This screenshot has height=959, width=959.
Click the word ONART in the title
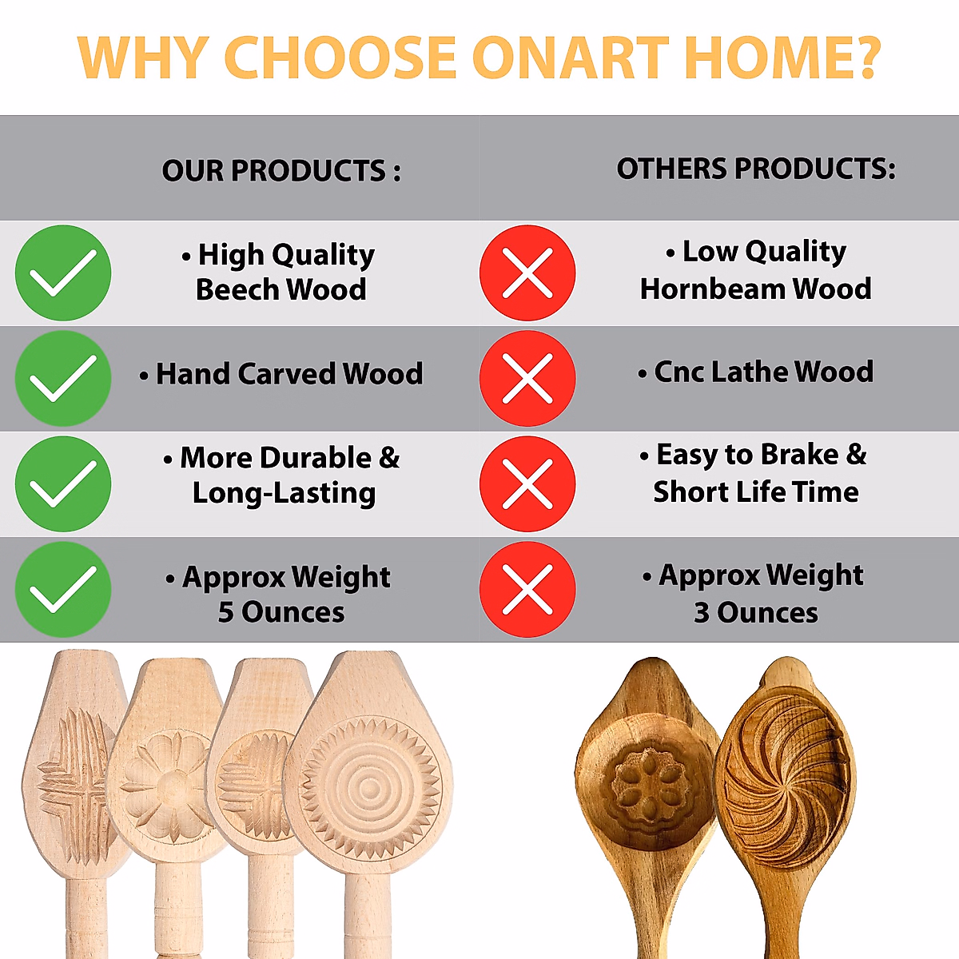(x=571, y=58)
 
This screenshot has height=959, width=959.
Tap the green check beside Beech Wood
(x=63, y=273)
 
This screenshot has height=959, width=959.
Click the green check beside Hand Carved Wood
(x=63, y=378)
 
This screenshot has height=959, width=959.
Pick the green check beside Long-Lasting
(x=63, y=483)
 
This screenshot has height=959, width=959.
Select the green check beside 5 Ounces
(x=63, y=589)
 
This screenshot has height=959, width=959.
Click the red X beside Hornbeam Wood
(x=527, y=273)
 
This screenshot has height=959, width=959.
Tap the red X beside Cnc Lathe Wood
(x=527, y=378)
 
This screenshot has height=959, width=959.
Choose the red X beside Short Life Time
(x=527, y=483)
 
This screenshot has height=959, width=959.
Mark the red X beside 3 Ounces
(x=527, y=589)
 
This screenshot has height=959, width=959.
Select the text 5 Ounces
(x=281, y=611)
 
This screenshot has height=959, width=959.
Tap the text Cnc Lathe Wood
(x=763, y=372)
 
